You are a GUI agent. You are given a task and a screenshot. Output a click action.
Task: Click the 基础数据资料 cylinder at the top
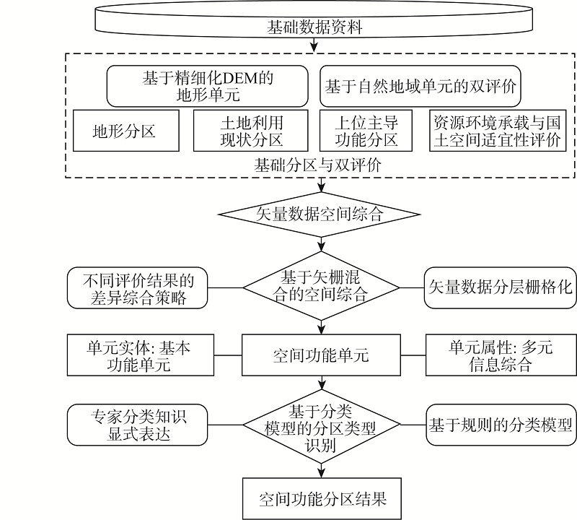point(314,27)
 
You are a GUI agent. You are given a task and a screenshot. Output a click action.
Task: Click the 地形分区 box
point(124,131)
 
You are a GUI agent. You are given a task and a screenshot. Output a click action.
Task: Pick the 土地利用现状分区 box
point(251,131)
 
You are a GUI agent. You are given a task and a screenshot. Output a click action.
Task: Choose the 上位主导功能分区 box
point(368,131)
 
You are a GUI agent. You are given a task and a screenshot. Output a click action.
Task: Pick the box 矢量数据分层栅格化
point(500,287)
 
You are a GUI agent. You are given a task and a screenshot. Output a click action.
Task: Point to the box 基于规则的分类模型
point(500,424)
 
